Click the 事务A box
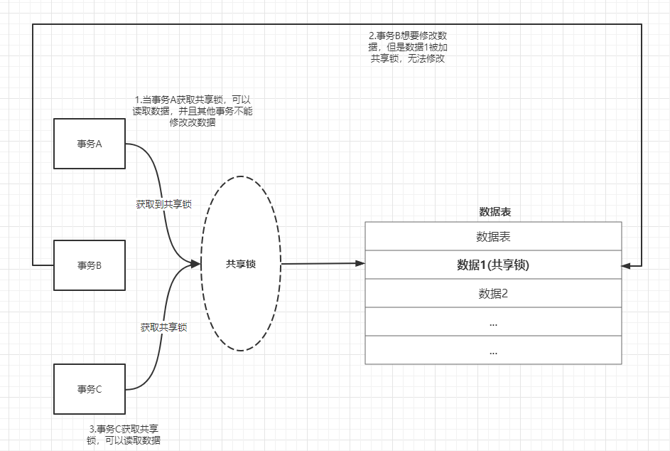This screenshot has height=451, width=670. [90, 144]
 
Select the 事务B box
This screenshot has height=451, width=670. [90, 265]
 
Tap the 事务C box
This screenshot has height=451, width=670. [90, 388]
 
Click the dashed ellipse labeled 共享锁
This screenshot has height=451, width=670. [241, 264]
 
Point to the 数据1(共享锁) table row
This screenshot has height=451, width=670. [493, 265]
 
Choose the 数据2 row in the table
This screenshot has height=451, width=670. [493, 293]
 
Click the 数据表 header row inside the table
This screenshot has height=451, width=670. [493, 236]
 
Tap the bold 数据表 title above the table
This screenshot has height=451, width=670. [495, 212]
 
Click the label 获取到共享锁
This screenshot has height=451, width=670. [163, 204]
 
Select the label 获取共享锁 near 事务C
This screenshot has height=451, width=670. [163, 327]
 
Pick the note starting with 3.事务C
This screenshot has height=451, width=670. [124, 434]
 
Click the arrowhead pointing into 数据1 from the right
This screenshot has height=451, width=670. [626, 265]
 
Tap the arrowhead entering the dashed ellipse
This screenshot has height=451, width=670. [196, 264]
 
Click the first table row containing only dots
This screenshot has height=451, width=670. [493, 322]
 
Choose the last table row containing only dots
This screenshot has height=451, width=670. [493, 350]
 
